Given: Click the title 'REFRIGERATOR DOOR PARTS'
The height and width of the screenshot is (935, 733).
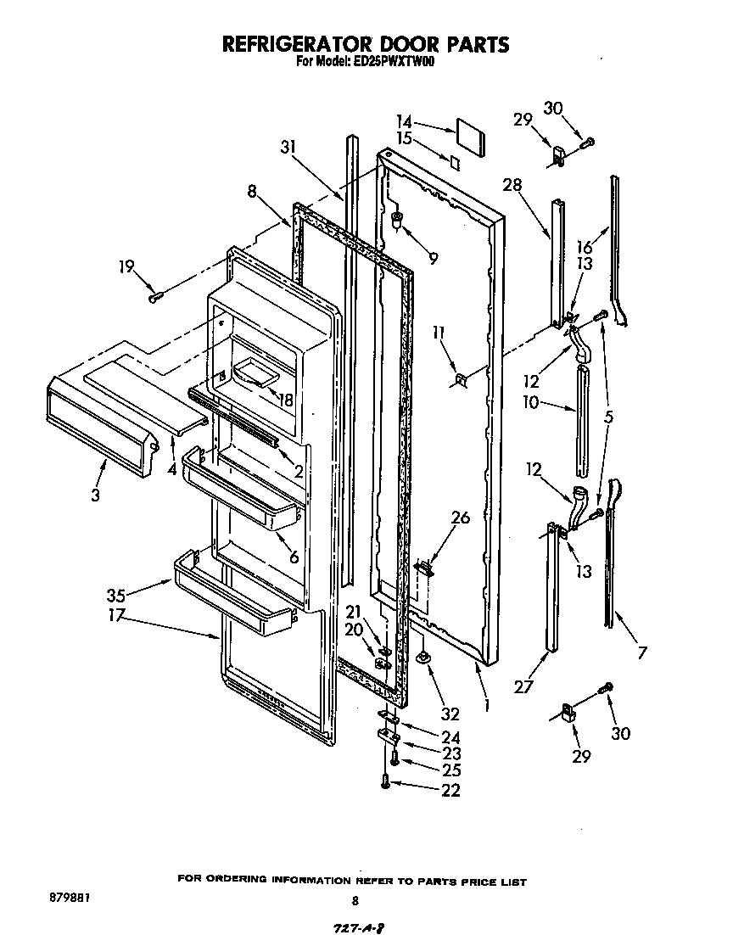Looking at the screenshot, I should (366, 43).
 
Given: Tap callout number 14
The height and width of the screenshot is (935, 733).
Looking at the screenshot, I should (405, 121).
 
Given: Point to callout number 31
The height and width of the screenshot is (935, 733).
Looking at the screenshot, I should (289, 147).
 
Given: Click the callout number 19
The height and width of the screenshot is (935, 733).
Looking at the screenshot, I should (126, 268).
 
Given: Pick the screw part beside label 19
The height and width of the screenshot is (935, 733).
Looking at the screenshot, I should (155, 296).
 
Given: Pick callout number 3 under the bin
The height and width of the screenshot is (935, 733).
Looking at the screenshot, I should (94, 495).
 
